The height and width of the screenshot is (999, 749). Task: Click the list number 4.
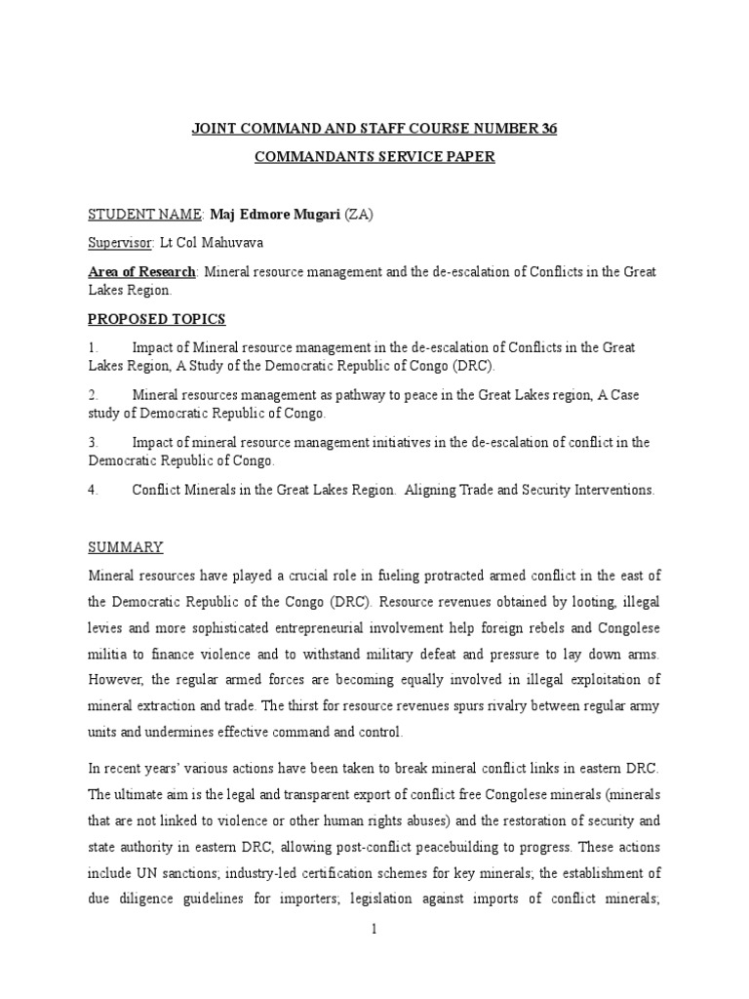[94, 491]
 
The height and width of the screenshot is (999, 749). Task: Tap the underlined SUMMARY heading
[126, 547]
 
